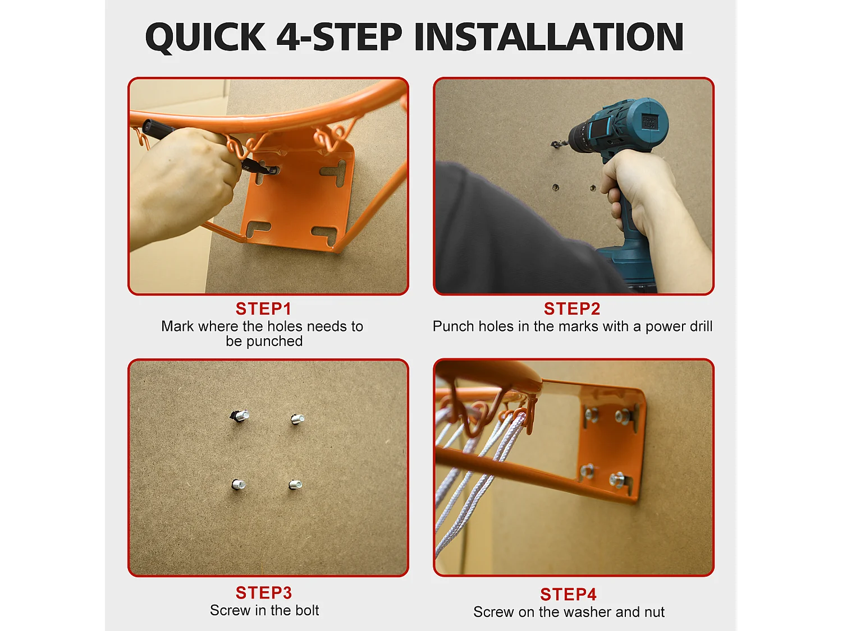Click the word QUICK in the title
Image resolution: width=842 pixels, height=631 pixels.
[x=205, y=37]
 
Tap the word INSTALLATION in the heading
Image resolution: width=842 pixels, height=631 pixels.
[x=549, y=36]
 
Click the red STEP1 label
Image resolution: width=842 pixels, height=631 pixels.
[x=263, y=309]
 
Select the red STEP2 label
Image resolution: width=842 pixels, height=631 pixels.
[x=572, y=309]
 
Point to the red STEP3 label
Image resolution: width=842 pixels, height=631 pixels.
[x=264, y=593]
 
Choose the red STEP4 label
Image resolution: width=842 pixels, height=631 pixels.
[x=569, y=595]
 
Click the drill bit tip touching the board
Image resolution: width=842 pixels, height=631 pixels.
[x=553, y=144]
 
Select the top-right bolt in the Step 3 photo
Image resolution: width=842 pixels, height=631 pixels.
[x=298, y=419]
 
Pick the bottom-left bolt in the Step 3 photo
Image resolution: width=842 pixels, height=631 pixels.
[x=238, y=485]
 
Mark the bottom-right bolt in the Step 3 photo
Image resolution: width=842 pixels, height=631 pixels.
[x=295, y=485]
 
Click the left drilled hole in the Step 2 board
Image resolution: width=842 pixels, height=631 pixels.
[x=556, y=187]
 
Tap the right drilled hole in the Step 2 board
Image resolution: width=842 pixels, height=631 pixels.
[x=593, y=188]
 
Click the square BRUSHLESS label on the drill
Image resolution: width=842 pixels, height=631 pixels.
[x=650, y=123]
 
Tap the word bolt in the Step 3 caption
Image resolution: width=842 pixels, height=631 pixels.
[x=304, y=610]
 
